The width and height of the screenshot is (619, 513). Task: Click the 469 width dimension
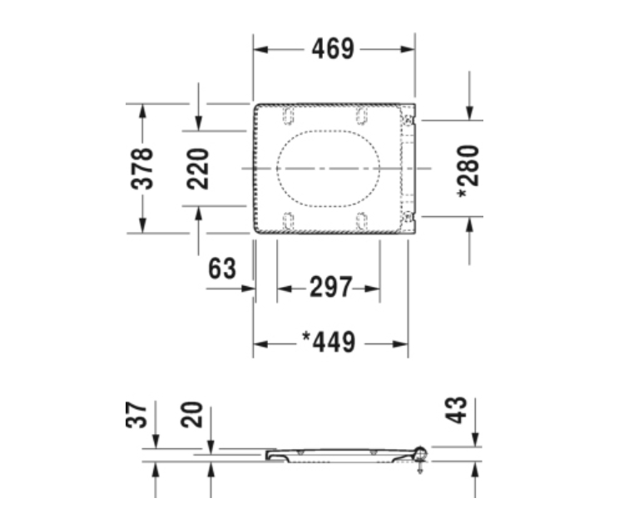coord(333,49)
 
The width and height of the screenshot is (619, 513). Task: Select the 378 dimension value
coord(142,169)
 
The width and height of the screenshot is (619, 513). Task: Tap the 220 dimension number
coord(198,169)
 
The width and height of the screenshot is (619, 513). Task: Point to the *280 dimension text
coord(468,171)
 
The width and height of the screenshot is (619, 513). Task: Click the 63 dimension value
coord(222,269)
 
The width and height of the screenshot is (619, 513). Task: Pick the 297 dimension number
coord(331,288)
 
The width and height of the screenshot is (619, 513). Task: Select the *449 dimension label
coord(329,342)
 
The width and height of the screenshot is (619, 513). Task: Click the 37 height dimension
coord(136,415)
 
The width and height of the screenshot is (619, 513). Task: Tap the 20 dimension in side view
coord(191,415)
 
